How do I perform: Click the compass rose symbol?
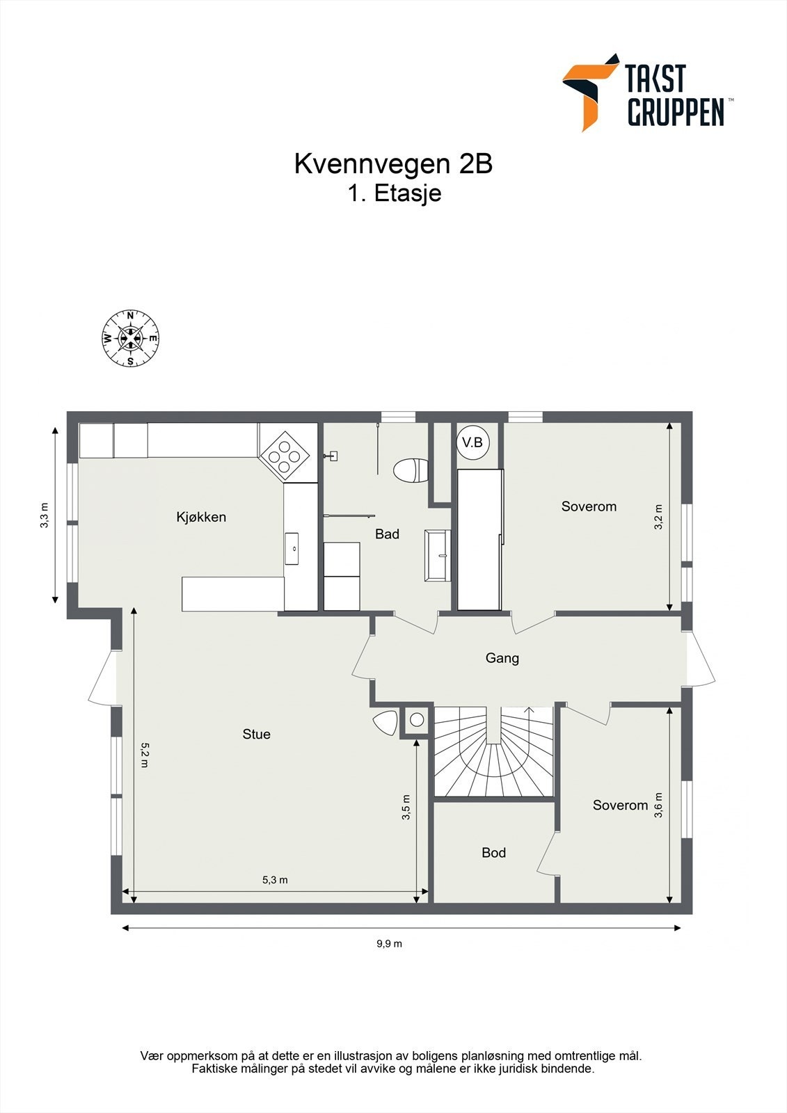click(x=130, y=338)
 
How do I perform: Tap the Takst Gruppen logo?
click(x=647, y=93)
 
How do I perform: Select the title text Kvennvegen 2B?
click(x=393, y=164)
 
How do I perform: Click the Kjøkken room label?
click(x=201, y=518)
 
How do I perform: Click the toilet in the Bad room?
click(x=411, y=470)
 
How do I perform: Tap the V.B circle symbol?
click(x=472, y=442)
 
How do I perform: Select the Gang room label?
click(x=502, y=658)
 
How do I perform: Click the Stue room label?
click(x=257, y=734)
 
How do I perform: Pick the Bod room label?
click(x=493, y=853)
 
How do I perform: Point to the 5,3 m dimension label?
click(x=275, y=880)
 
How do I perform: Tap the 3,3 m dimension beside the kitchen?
click(x=45, y=515)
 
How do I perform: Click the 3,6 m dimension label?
click(x=658, y=805)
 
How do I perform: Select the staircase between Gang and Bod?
click(x=494, y=752)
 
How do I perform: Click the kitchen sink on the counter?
click(x=292, y=549)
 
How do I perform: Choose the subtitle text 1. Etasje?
click(x=394, y=193)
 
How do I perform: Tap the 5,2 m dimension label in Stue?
click(x=144, y=755)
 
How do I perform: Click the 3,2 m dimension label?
click(x=658, y=517)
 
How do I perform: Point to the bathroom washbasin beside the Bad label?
click(x=438, y=555)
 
